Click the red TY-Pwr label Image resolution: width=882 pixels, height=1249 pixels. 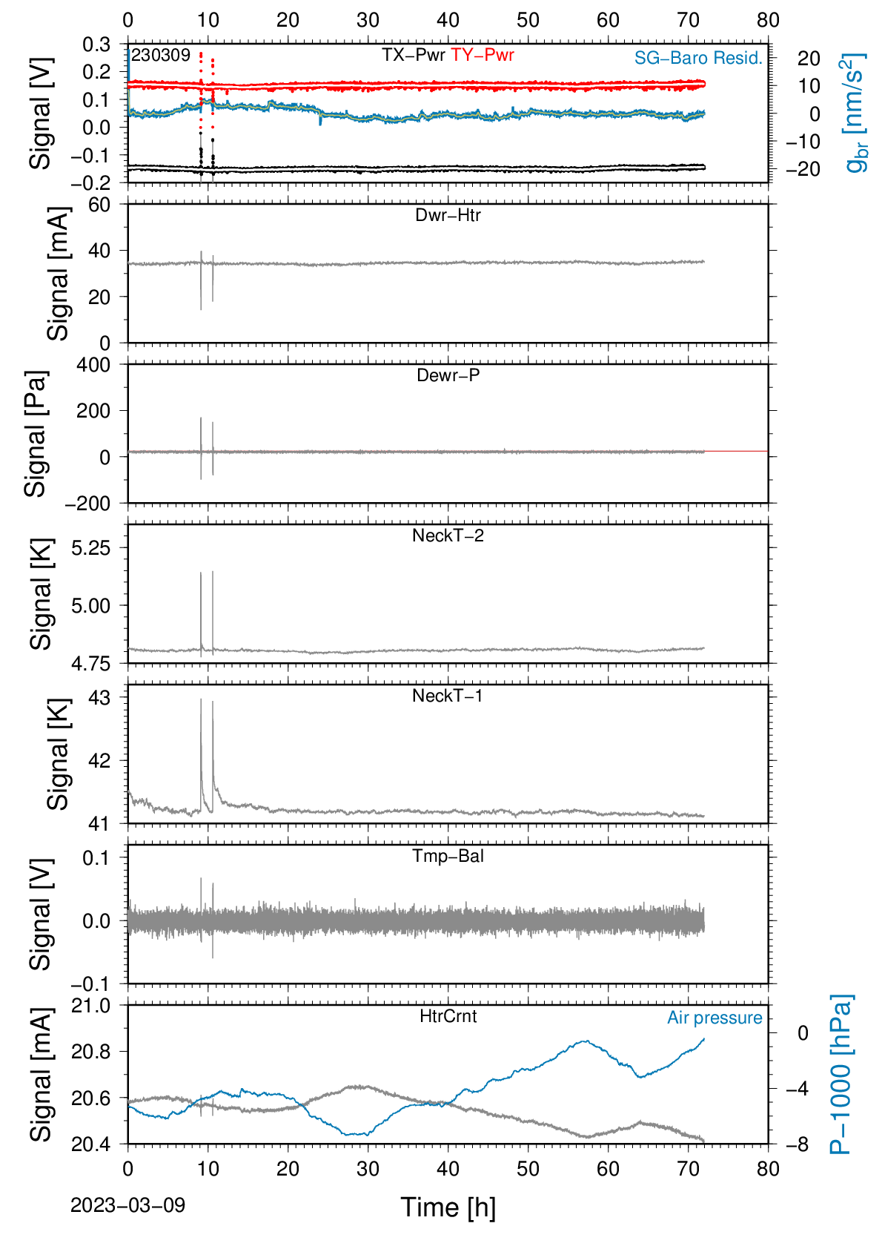click(482, 55)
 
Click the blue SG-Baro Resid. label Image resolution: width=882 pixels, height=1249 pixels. click(698, 58)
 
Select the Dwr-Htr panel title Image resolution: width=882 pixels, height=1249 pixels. click(448, 214)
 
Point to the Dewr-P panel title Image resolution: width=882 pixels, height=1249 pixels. click(448, 375)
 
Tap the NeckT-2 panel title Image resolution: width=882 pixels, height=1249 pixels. click(448, 535)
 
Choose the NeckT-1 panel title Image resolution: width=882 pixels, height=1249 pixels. click(448, 695)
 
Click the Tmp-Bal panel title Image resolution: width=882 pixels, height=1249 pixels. click(448, 855)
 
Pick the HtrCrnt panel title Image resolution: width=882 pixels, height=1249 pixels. click(448, 1016)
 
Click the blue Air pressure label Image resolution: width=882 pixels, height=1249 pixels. click(714, 1018)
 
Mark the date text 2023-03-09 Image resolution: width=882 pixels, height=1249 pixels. click(127, 1205)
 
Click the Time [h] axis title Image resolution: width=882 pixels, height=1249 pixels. click(448, 1207)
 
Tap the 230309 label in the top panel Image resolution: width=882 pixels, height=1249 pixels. click(161, 55)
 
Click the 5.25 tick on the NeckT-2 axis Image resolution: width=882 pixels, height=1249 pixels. click(91, 548)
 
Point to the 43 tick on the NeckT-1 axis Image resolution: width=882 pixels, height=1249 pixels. click(100, 697)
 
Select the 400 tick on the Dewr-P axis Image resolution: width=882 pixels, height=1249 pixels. click(94, 365)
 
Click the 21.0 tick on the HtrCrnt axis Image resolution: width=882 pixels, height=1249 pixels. click(91, 1006)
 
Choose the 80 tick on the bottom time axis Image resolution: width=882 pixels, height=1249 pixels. click(769, 1169)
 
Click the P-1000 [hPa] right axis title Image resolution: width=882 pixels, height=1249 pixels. click(840, 1074)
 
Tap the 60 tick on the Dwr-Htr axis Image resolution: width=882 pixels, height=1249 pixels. click(100, 205)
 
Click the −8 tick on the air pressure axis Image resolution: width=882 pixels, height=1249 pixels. click(797, 1144)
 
